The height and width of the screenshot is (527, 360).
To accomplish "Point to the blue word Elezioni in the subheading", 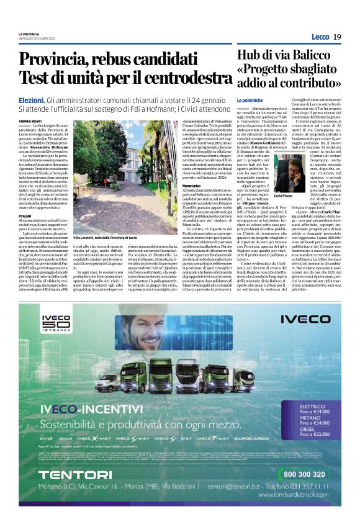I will point(31,100).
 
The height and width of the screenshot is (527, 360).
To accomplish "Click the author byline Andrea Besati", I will point(30,122).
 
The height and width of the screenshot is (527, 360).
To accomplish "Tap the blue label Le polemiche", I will point(250,100).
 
